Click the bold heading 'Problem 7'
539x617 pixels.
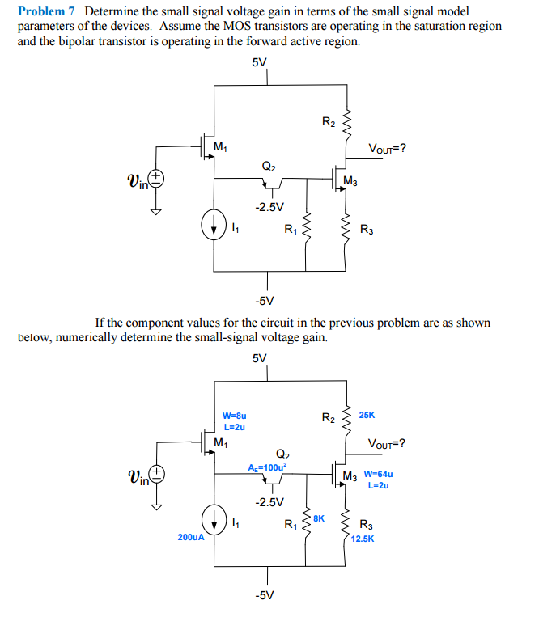[48, 11]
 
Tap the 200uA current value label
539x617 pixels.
[191, 535]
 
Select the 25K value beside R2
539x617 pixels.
[367, 415]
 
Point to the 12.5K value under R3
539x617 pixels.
[362, 536]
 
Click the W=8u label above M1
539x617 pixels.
[234, 416]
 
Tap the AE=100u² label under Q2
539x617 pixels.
[267, 467]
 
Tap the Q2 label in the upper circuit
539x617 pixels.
[269, 165]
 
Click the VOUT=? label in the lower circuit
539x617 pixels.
[387, 443]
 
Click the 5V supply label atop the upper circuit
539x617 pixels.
[260, 61]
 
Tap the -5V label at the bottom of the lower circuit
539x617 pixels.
[263, 595]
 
